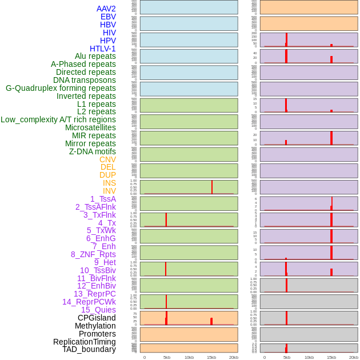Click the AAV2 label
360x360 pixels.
(x=106, y=9)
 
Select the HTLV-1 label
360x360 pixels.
(x=102, y=49)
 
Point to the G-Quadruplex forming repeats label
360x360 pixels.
(x=61, y=88)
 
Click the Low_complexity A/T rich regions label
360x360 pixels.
(x=58, y=119)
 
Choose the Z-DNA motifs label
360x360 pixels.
(x=92, y=151)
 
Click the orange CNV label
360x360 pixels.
(x=107, y=159)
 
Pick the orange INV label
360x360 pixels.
(x=109, y=191)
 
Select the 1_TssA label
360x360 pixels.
(x=103, y=199)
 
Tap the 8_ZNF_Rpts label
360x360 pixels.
(x=93, y=254)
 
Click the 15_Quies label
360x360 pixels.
(x=98, y=310)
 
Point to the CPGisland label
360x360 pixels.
(x=97, y=318)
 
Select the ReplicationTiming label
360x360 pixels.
(x=84, y=342)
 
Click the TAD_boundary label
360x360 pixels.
(x=89, y=349)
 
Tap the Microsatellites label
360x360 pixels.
(x=90, y=127)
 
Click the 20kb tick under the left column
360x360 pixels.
(x=233, y=357)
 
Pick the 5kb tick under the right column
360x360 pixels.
(x=286, y=357)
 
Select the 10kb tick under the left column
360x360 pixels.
(x=189, y=357)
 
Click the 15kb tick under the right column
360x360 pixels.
(x=331, y=357)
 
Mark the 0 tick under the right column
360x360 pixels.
(x=264, y=357)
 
